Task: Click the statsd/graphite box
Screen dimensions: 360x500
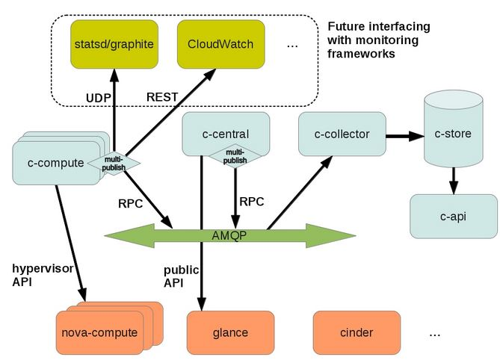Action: [114, 44]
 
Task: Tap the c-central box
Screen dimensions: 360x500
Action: [225, 134]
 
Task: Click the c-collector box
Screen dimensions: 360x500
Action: [342, 134]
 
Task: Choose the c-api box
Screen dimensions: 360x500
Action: [453, 217]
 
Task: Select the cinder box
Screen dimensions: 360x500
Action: [357, 332]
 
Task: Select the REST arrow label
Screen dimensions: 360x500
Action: [162, 97]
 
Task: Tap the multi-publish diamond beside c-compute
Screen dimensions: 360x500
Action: [114, 162]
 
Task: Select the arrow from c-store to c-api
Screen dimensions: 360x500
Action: [453, 180]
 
